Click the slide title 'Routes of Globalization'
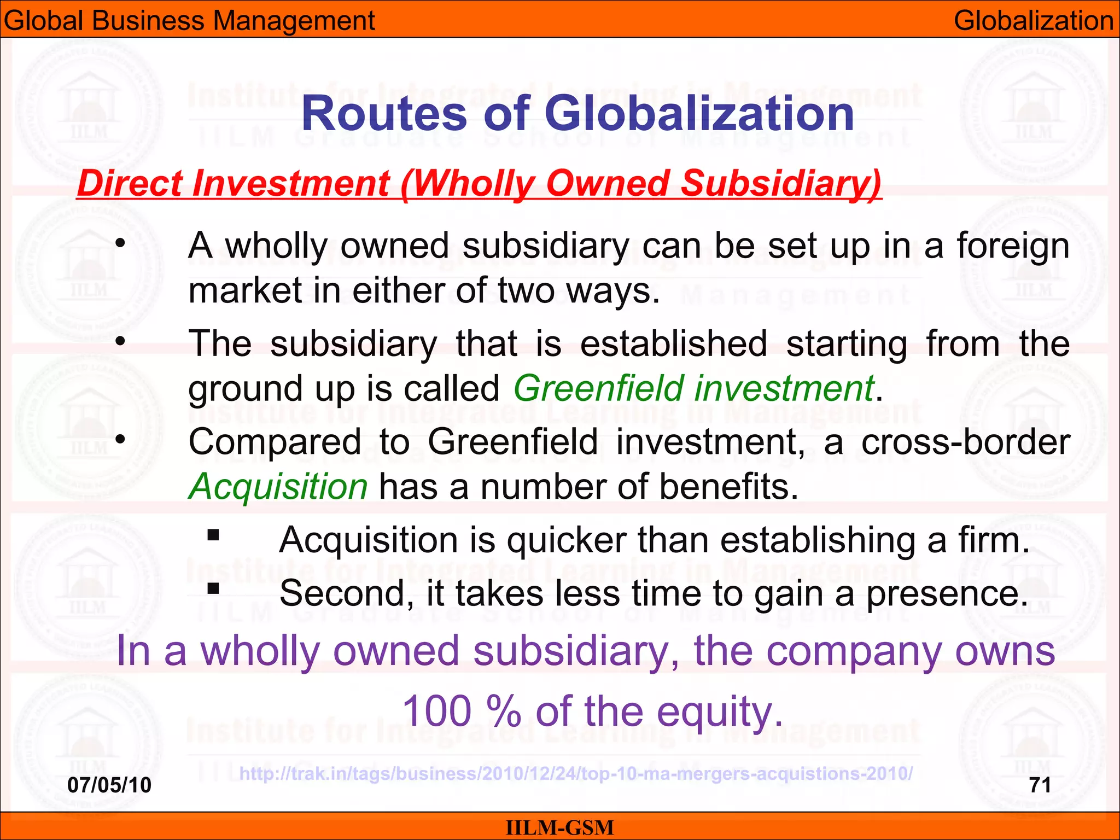click(577, 114)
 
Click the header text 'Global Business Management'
click(189, 21)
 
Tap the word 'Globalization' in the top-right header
click(1034, 21)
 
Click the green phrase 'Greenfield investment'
click(693, 388)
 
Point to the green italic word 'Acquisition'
click(278, 486)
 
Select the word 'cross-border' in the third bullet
click(965, 442)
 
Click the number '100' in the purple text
click(437, 711)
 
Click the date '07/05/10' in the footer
click(109, 785)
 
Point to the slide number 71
click(1040, 785)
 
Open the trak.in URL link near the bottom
click(576, 774)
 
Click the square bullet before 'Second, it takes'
click(213, 588)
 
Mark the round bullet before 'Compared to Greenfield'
click(121, 439)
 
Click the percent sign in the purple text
click(503, 711)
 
